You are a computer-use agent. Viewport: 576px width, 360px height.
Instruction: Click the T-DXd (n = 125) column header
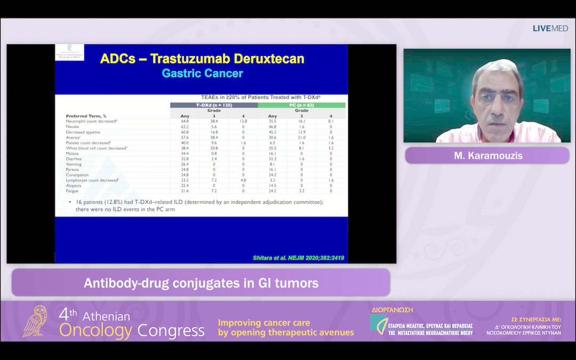(x=213, y=105)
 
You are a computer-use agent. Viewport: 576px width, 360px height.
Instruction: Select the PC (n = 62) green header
(x=301, y=105)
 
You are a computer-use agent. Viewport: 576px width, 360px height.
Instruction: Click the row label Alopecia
(x=74, y=185)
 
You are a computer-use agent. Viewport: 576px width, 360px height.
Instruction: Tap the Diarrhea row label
(x=75, y=158)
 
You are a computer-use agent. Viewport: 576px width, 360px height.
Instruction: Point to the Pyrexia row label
(x=74, y=169)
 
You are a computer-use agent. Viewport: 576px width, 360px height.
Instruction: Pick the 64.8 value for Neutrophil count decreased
(x=185, y=122)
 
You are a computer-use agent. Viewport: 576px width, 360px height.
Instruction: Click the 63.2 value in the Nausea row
(x=185, y=127)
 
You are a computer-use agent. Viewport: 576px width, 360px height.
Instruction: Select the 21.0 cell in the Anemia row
(x=302, y=138)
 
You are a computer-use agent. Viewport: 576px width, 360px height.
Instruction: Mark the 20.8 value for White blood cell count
(x=214, y=148)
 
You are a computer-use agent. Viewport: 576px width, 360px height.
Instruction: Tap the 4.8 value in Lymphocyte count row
(x=243, y=180)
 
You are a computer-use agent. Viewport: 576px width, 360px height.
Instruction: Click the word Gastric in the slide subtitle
(x=183, y=74)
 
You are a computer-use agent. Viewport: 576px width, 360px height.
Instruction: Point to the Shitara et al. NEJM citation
(x=298, y=258)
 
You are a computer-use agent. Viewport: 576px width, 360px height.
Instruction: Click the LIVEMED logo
(x=550, y=28)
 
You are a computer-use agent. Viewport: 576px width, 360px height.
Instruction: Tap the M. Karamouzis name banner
(x=487, y=156)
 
